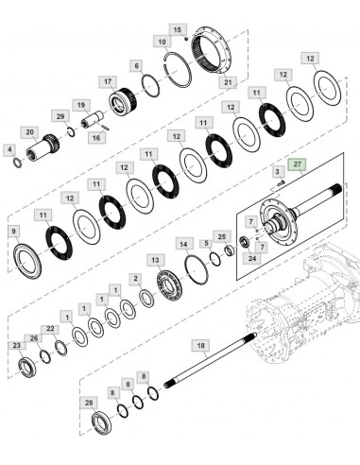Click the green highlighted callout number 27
[297, 164]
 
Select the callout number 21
[228, 82]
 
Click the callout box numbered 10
[163, 43]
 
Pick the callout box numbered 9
[13, 231]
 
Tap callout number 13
[154, 259]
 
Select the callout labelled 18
[198, 346]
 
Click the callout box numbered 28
[90, 404]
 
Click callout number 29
[60, 115]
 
